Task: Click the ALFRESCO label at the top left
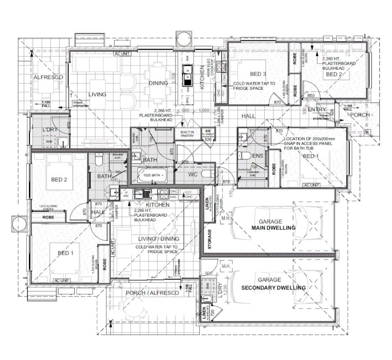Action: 48,78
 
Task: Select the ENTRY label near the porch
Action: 316,110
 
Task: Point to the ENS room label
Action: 257,156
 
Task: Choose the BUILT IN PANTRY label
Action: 186,134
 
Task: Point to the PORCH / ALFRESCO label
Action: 152,293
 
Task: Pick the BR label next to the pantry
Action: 207,131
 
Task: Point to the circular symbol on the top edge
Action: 183,40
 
